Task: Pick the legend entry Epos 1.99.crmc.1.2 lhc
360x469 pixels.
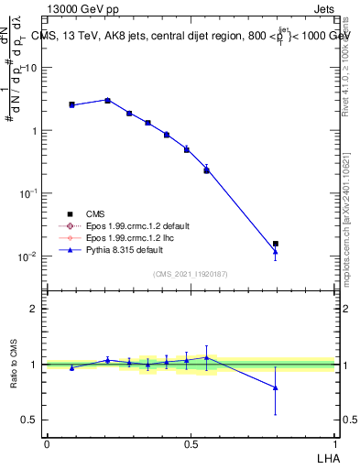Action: [x=130, y=237]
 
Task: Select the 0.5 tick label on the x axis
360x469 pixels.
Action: [x=191, y=443]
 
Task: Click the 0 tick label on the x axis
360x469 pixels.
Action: [x=47, y=443]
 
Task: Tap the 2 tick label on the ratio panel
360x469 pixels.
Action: [x=33, y=309]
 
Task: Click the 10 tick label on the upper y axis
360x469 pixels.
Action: [x=30, y=68]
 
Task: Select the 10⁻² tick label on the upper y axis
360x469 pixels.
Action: [x=27, y=256]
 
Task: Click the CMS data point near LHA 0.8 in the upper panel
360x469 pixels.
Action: [x=276, y=244]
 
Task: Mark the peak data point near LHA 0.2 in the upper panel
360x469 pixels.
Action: [x=107, y=100]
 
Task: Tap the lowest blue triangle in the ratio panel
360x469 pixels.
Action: [x=276, y=387]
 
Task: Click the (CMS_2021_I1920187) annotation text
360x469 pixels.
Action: [x=191, y=273]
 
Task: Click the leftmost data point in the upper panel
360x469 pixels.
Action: [x=71, y=104]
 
